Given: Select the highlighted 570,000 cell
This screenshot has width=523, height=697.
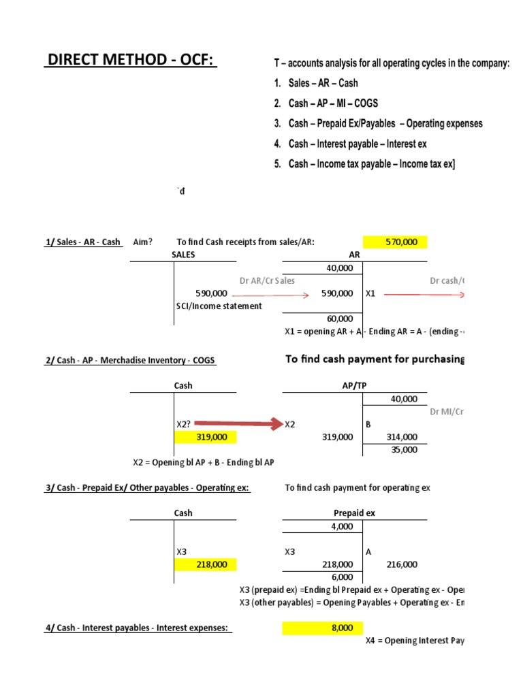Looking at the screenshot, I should tap(401, 242).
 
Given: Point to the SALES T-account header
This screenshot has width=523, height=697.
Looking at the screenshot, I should tap(183, 255).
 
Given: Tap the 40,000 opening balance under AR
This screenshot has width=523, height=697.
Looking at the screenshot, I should tap(340, 268).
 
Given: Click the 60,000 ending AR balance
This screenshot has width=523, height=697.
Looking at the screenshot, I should tap(340, 319).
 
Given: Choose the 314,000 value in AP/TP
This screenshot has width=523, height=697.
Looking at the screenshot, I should tap(402, 437).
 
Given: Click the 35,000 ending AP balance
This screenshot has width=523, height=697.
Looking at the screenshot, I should tap(405, 450).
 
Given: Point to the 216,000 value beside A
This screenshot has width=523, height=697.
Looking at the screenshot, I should tap(402, 564).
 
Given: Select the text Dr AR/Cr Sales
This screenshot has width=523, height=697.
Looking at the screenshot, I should tap(268, 280).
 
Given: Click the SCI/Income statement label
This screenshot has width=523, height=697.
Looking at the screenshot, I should tap(219, 306).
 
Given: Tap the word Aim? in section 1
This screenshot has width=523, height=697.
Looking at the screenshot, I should tap(143, 242).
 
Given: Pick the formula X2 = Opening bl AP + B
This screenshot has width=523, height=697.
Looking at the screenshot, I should tap(203, 462).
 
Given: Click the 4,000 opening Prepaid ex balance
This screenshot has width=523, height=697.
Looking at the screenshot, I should tap(342, 526).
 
